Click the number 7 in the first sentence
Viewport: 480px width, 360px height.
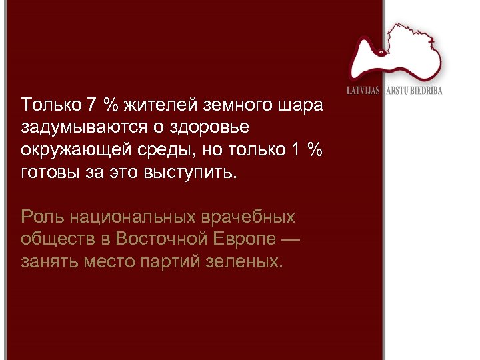coord(93,105)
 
